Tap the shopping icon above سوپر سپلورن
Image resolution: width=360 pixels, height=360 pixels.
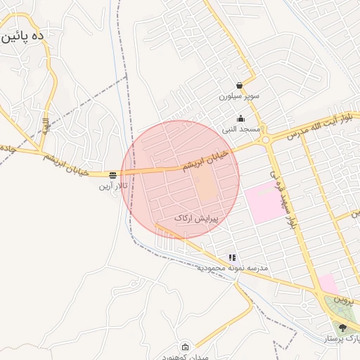(x=240, y=85)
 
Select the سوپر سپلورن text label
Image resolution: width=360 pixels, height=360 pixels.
(x=239, y=96)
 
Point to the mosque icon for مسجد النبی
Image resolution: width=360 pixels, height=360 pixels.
(x=241, y=118)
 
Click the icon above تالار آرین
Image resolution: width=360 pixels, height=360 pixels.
(x=112, y=174)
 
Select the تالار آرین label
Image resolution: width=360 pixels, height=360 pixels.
(x=113, y=186)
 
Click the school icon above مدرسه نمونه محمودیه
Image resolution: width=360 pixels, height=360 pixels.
(x=232, y=258)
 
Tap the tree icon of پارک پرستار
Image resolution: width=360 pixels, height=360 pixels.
(x=342, y=328)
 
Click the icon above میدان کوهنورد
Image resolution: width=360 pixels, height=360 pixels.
(x=185, y=347)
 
